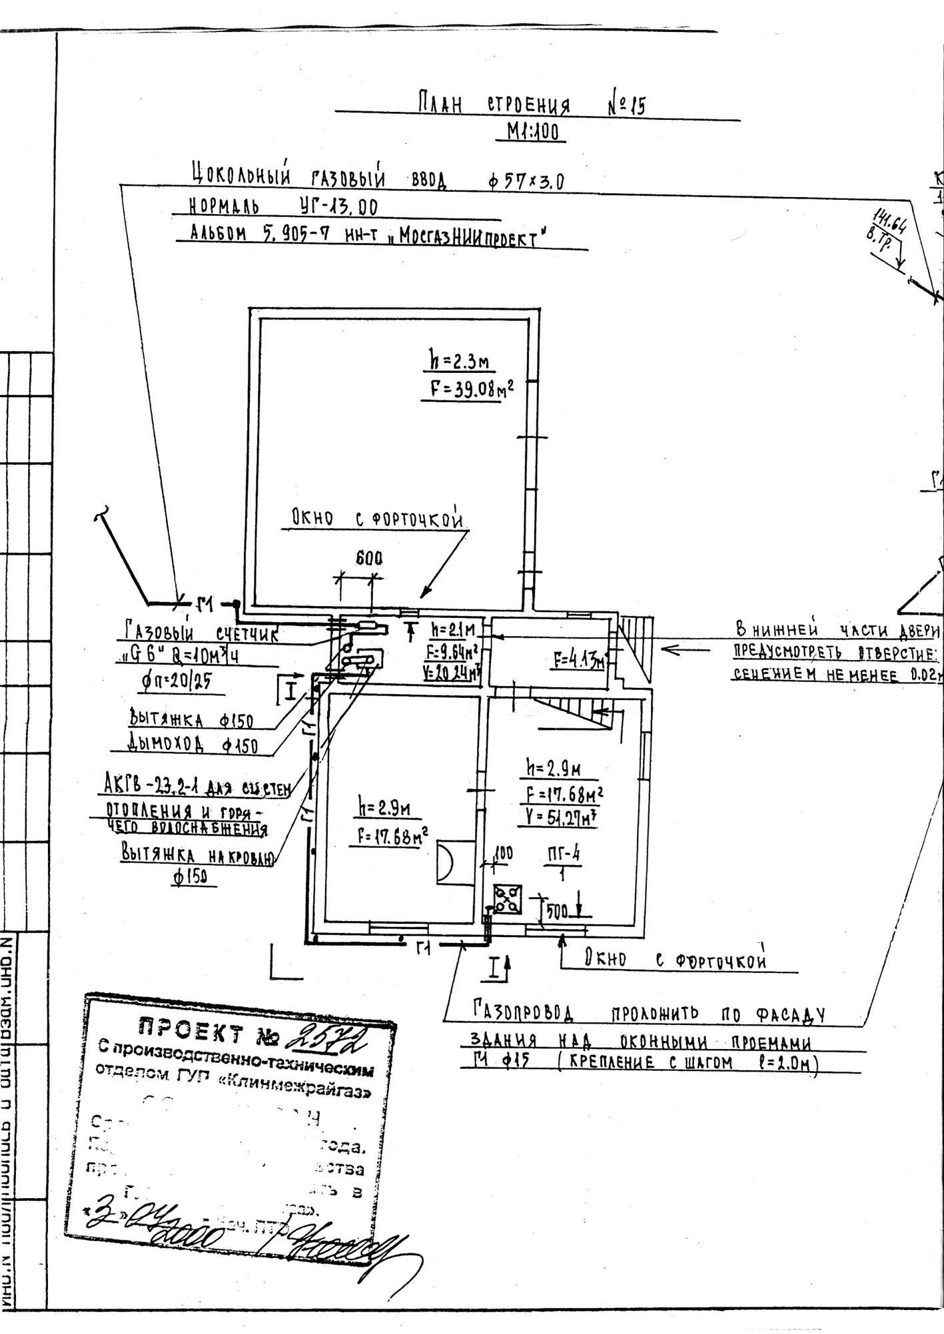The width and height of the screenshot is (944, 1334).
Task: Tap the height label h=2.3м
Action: (458, 362)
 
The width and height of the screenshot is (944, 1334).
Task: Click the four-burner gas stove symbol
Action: (508, 900)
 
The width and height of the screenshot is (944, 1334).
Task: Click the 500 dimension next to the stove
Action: (556, 912)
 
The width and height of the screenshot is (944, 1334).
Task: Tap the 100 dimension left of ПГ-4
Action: (504, 852)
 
